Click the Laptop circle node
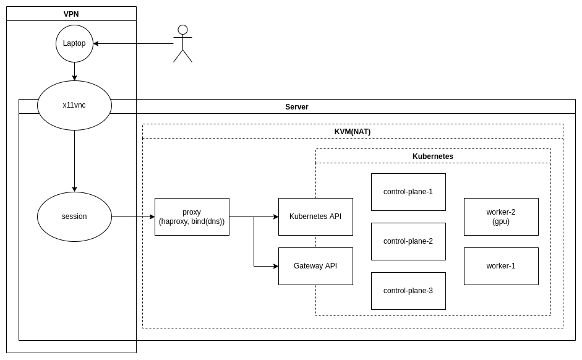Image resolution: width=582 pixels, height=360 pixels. (74, 43)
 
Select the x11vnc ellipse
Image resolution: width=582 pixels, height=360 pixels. (74, 105)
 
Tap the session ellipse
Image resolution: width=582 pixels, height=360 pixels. (74, 216)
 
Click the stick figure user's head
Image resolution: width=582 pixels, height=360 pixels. (182, 30)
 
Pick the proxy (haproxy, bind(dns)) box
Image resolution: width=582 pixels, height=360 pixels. (192, 216)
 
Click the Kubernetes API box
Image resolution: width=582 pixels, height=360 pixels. (315, 216)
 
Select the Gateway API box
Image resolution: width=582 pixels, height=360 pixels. (315, 266)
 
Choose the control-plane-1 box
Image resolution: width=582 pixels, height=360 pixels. (408, 192)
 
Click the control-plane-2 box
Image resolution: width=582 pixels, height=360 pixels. (408, 241)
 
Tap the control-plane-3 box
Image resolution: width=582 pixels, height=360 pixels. (408, 291)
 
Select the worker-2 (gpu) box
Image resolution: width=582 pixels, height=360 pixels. (501, 216)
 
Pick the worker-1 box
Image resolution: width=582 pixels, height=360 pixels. (501, 266)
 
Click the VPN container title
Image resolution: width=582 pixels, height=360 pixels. (71, 14)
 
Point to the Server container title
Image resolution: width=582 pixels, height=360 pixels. (297, 106)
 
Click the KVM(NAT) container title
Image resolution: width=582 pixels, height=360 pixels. (353, 131)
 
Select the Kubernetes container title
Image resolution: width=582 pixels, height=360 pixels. (433, 156)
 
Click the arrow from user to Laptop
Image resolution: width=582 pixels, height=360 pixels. (133, 43)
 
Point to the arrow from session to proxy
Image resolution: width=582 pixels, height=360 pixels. (133, 216)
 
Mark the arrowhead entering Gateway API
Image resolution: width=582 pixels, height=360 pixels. (275, 266)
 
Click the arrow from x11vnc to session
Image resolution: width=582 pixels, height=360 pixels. (74, 161)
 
